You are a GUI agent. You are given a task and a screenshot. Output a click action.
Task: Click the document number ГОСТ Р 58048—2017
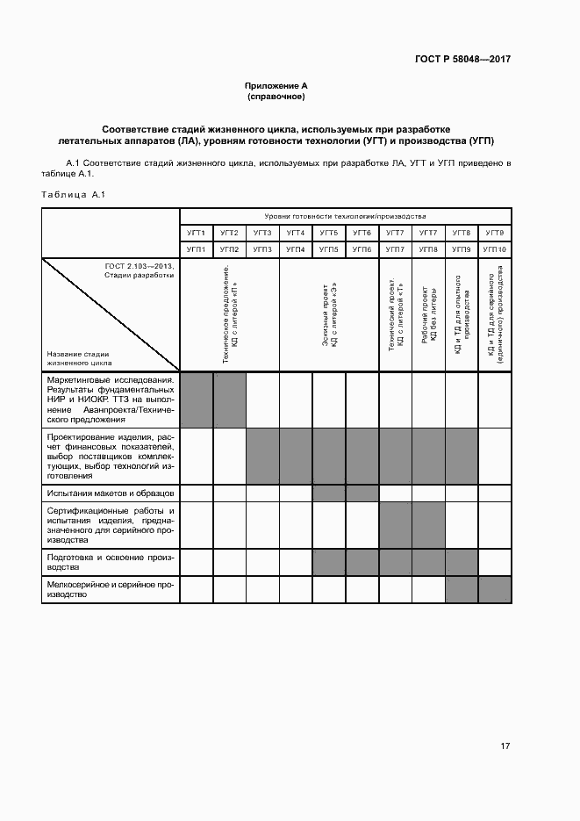pyautogui.click(x=462, y=60)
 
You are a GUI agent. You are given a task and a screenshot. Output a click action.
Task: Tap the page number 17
pyautogui.click(x=505, y=746)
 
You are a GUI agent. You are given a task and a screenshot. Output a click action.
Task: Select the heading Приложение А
pyautogui.click(x=276, y=85)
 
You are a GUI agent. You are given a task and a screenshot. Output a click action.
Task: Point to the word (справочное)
pyautogui.click(x=276, y=97)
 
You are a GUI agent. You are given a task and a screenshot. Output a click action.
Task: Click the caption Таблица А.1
pyautogui.click(x=73, y=194)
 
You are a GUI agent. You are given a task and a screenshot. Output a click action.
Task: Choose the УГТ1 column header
pyautogui.click(x=196, y=233)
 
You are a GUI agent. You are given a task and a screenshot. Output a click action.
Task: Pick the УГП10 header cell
pyautogui.click(x=494, y=249)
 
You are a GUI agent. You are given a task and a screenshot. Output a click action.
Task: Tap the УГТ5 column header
pyautogui.click(x=329, y=233)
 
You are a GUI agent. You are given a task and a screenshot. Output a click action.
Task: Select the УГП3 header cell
pyautogui.click(x=262, y=249)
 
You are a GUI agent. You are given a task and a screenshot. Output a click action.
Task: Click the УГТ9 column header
pyautogui.click(x=494, y=233)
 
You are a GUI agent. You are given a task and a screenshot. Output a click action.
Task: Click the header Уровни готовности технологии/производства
pyautogui.click(x=345, y=216)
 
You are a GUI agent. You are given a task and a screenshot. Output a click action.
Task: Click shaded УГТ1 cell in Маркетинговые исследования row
pyautogui.click(x=196, y=400)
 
